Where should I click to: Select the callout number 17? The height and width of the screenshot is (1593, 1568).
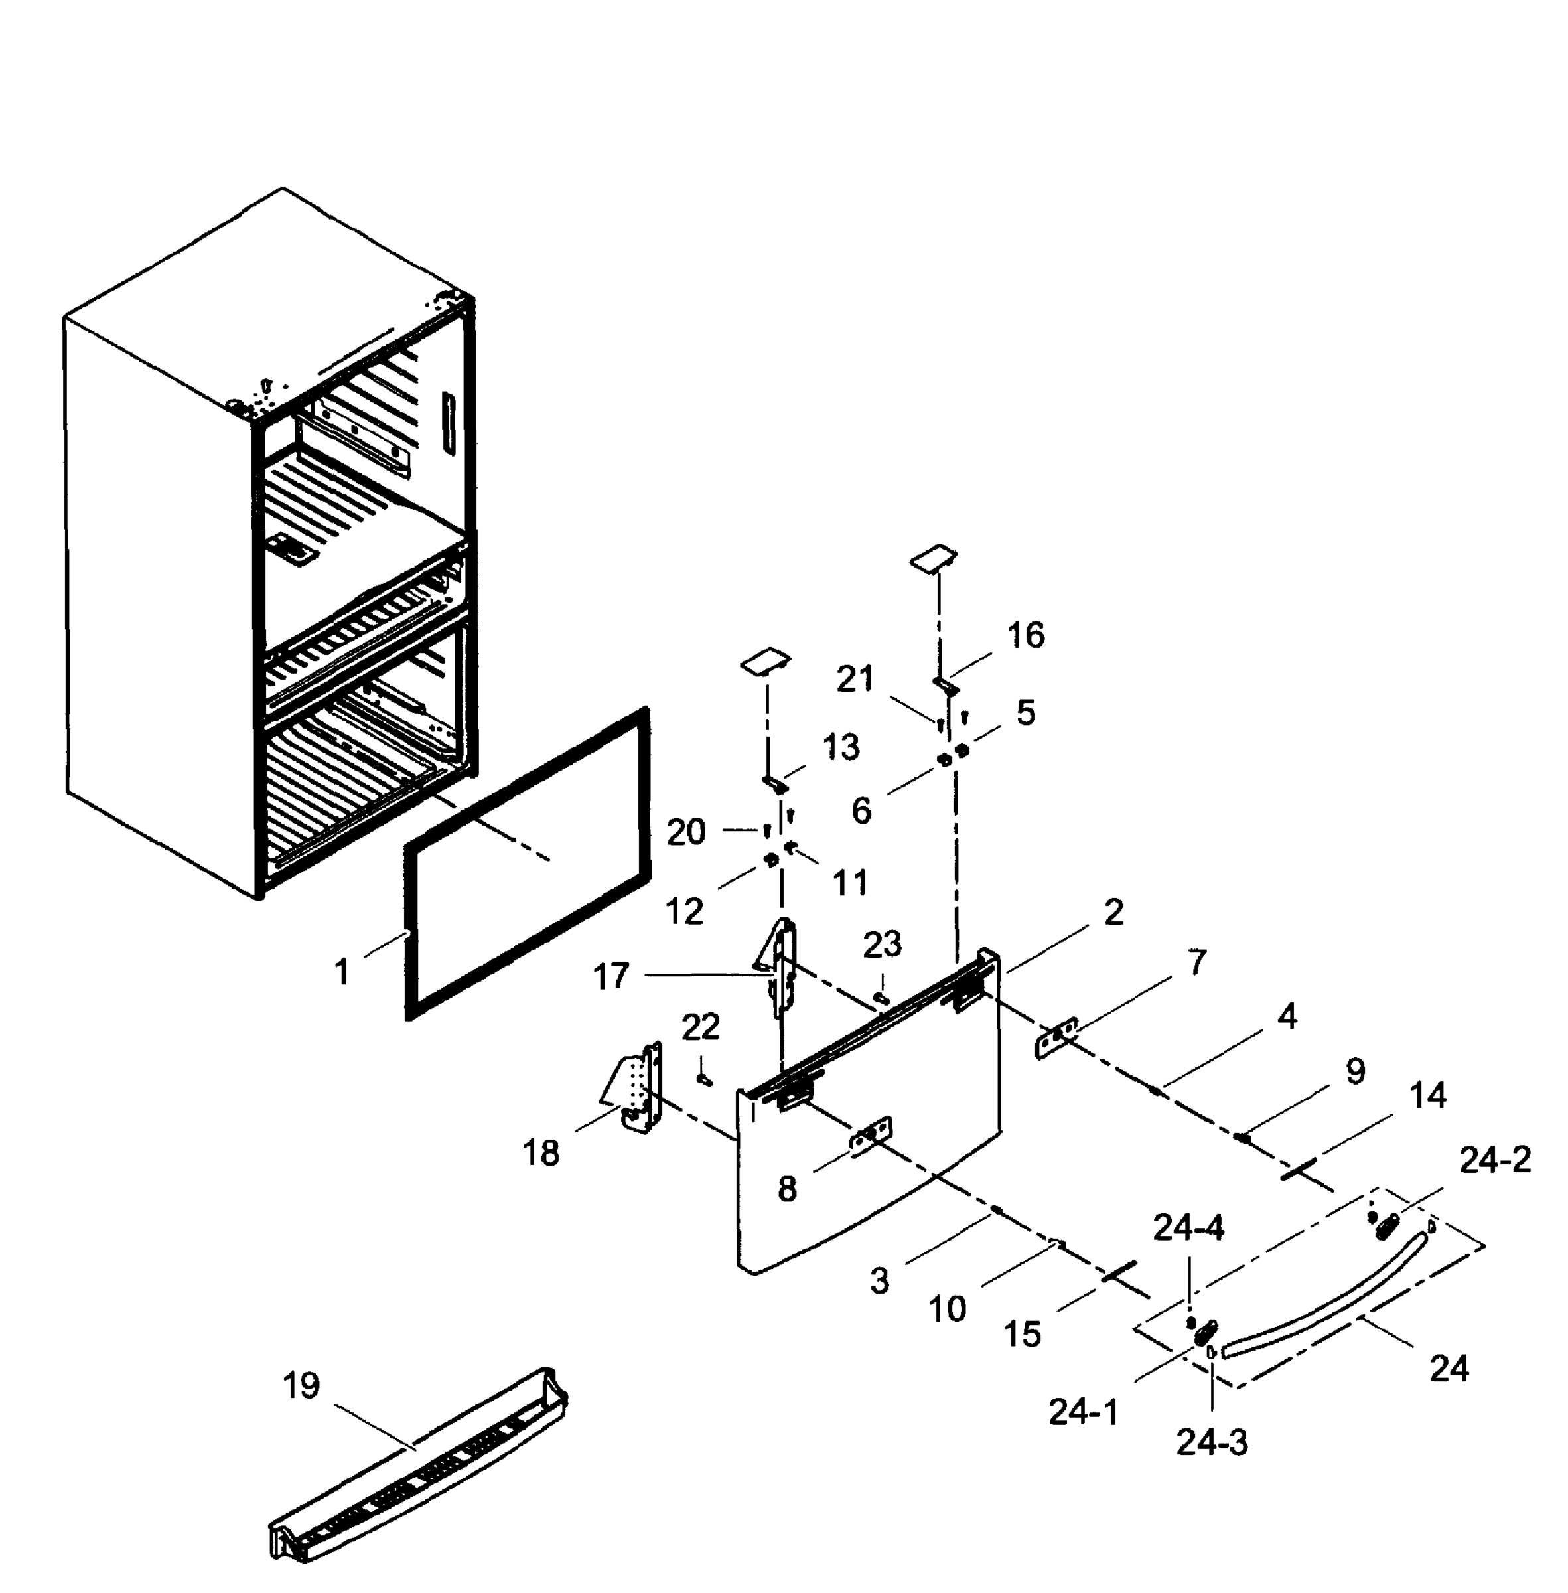pyautogui.click(x=611, y=978)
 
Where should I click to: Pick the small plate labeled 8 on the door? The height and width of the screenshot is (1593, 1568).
pyautogui.click(x=871, y=1138)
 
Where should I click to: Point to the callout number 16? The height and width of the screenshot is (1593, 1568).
pyautogui.click(x=1026, y=635)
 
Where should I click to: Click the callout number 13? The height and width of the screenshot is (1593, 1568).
pyautogui.click(x=840, y=747)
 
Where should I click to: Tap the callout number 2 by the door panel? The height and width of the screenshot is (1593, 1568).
pyautogui.click(x=1113, y=913)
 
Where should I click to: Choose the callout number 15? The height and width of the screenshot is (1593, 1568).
pyautogui.click(x=1023, y=1334)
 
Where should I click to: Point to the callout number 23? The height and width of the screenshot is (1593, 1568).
pyautogui.click(x=882, y=945)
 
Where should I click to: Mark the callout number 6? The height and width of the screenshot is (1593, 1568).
pyautogui.click(x=861, y=811)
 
